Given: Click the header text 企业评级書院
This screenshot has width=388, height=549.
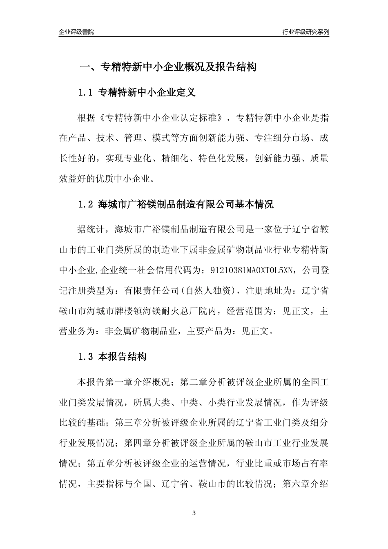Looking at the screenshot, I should point(76,32).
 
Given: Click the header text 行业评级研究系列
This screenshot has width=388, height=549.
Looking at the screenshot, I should point(305,32).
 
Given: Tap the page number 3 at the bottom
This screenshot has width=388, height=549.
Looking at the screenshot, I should point(194,513).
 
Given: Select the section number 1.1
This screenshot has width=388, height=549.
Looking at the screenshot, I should point(86,93).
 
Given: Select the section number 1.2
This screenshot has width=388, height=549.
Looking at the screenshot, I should point(86,204).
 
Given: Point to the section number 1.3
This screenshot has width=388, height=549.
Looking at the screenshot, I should point(86,357).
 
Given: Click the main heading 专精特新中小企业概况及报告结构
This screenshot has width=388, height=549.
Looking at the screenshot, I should point(178,67).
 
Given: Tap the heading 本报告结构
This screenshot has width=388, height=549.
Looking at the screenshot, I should point(123,357).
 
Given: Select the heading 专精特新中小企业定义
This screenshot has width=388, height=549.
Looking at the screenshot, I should point(147,93).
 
